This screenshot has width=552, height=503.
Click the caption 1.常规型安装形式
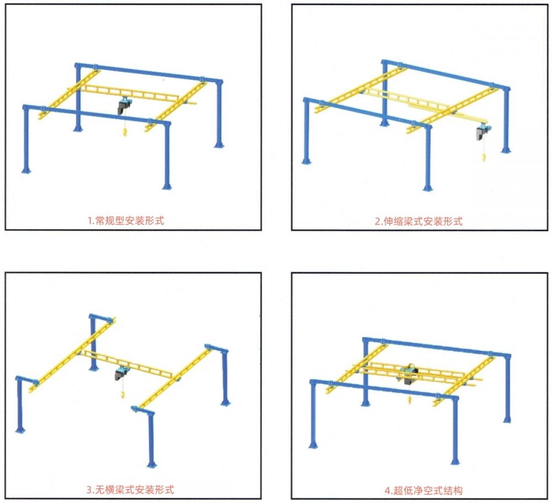[x=126, y=221]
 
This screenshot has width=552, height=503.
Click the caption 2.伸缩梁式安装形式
[x=418, y=221]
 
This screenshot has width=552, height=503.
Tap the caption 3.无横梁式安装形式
[x=130, y=490]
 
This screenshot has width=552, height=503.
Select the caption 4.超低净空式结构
[x=423, y=490]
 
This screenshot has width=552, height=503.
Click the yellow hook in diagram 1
[x=125, y=133]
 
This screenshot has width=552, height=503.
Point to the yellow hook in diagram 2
[x=484, y=157]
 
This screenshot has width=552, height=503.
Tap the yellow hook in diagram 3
[x=123, y=395]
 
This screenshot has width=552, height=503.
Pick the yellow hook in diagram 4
[x=410, y=400]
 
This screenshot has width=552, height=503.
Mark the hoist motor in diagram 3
[x=121, y=373]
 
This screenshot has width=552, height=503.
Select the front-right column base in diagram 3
[x=152, y=464]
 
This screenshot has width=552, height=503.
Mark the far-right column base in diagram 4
[x=507, y=419]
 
